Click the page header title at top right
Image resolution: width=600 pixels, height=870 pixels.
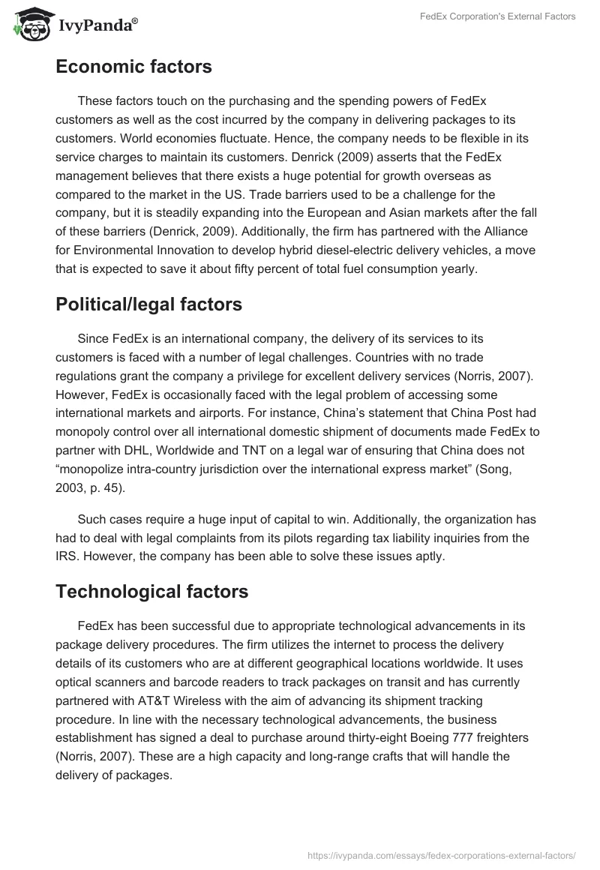pos(497,16)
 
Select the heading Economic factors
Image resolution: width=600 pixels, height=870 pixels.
pos(133,67)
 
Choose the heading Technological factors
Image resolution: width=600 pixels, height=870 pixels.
pos(151,591)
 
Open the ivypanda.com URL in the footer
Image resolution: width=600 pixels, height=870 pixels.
pos(442,854)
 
